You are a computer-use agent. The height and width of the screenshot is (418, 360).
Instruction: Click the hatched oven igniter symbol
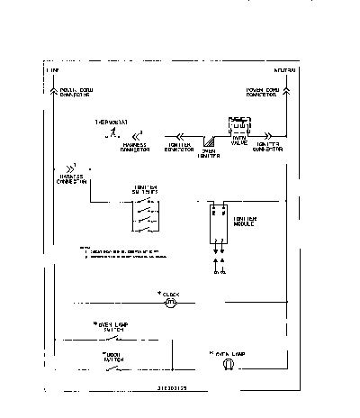click(x=210, y=141)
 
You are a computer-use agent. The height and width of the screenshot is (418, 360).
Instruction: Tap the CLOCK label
click(x=169, y=294)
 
